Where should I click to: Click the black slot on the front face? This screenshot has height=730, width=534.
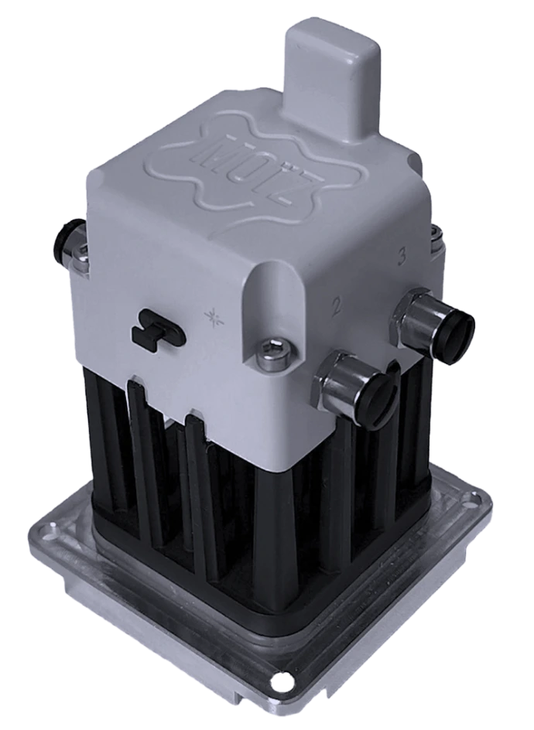coord(157,328)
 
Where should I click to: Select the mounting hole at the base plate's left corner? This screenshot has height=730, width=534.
coord(51,534)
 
